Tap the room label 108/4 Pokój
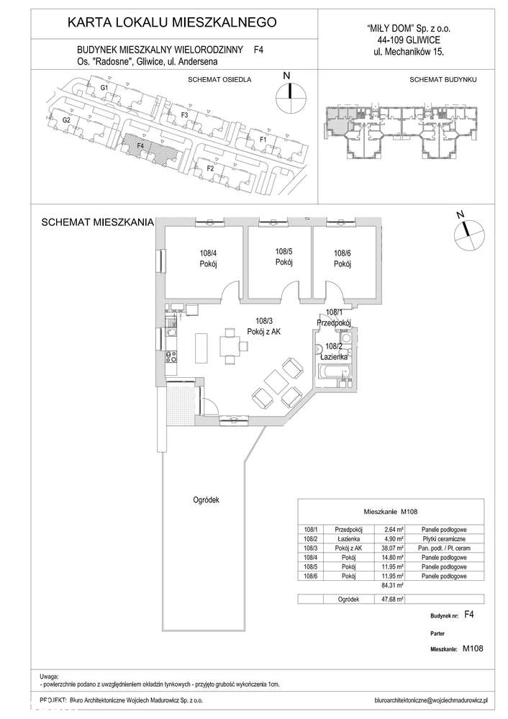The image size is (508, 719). (208, 258)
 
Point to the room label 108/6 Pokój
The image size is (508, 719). (342, 258)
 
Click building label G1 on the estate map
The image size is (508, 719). (104, 88)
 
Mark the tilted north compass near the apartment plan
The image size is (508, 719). (465, 230)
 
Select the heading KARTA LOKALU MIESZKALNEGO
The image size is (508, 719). (171, 23)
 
